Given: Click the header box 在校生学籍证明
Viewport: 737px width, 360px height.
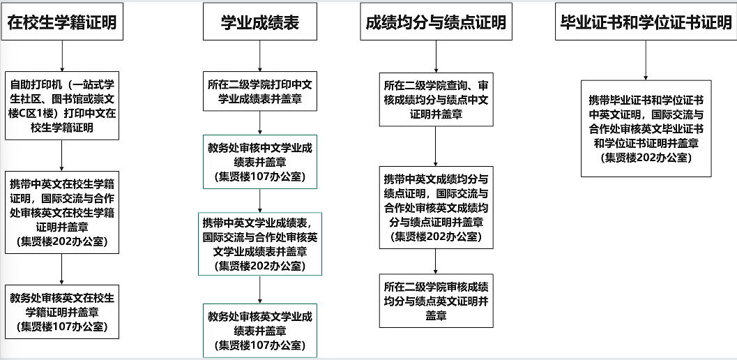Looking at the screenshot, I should (x=61, y=22).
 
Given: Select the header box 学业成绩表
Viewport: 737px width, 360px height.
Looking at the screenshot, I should (x=260, y=22).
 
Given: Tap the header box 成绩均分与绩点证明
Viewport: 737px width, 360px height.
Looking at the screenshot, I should (x=436, y=22).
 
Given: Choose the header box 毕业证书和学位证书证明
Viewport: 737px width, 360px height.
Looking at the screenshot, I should (x=646, y=22).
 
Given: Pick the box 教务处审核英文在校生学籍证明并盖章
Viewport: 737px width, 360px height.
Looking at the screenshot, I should (x=62, y=311).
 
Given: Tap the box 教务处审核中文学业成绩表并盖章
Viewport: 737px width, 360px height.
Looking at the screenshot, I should (x=260, y=161).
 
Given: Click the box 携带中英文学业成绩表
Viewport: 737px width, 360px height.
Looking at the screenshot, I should (x=260, y=243).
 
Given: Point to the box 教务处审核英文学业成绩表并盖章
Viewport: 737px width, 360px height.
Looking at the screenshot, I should (x=260, y=330).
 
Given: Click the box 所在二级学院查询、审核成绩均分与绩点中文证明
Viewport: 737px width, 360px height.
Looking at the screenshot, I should (x=436, y=99).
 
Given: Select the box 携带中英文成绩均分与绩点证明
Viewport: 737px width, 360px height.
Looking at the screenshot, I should (x=436, y=207).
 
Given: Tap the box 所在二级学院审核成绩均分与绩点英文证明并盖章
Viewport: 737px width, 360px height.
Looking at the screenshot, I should (x=436, y=301).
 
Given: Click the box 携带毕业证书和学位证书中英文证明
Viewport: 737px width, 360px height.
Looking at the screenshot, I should (x=646, y=128).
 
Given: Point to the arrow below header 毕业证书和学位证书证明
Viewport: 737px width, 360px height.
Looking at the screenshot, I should (x=646, y=60).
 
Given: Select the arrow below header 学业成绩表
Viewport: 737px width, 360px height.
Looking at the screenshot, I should (x=260, y=56).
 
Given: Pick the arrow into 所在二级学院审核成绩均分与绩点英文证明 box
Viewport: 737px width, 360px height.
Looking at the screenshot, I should (x=436, y=261).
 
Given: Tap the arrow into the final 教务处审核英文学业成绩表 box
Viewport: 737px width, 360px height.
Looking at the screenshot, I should (x=260, y=290).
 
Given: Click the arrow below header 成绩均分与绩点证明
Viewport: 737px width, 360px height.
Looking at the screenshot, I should (x=436, y=57).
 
